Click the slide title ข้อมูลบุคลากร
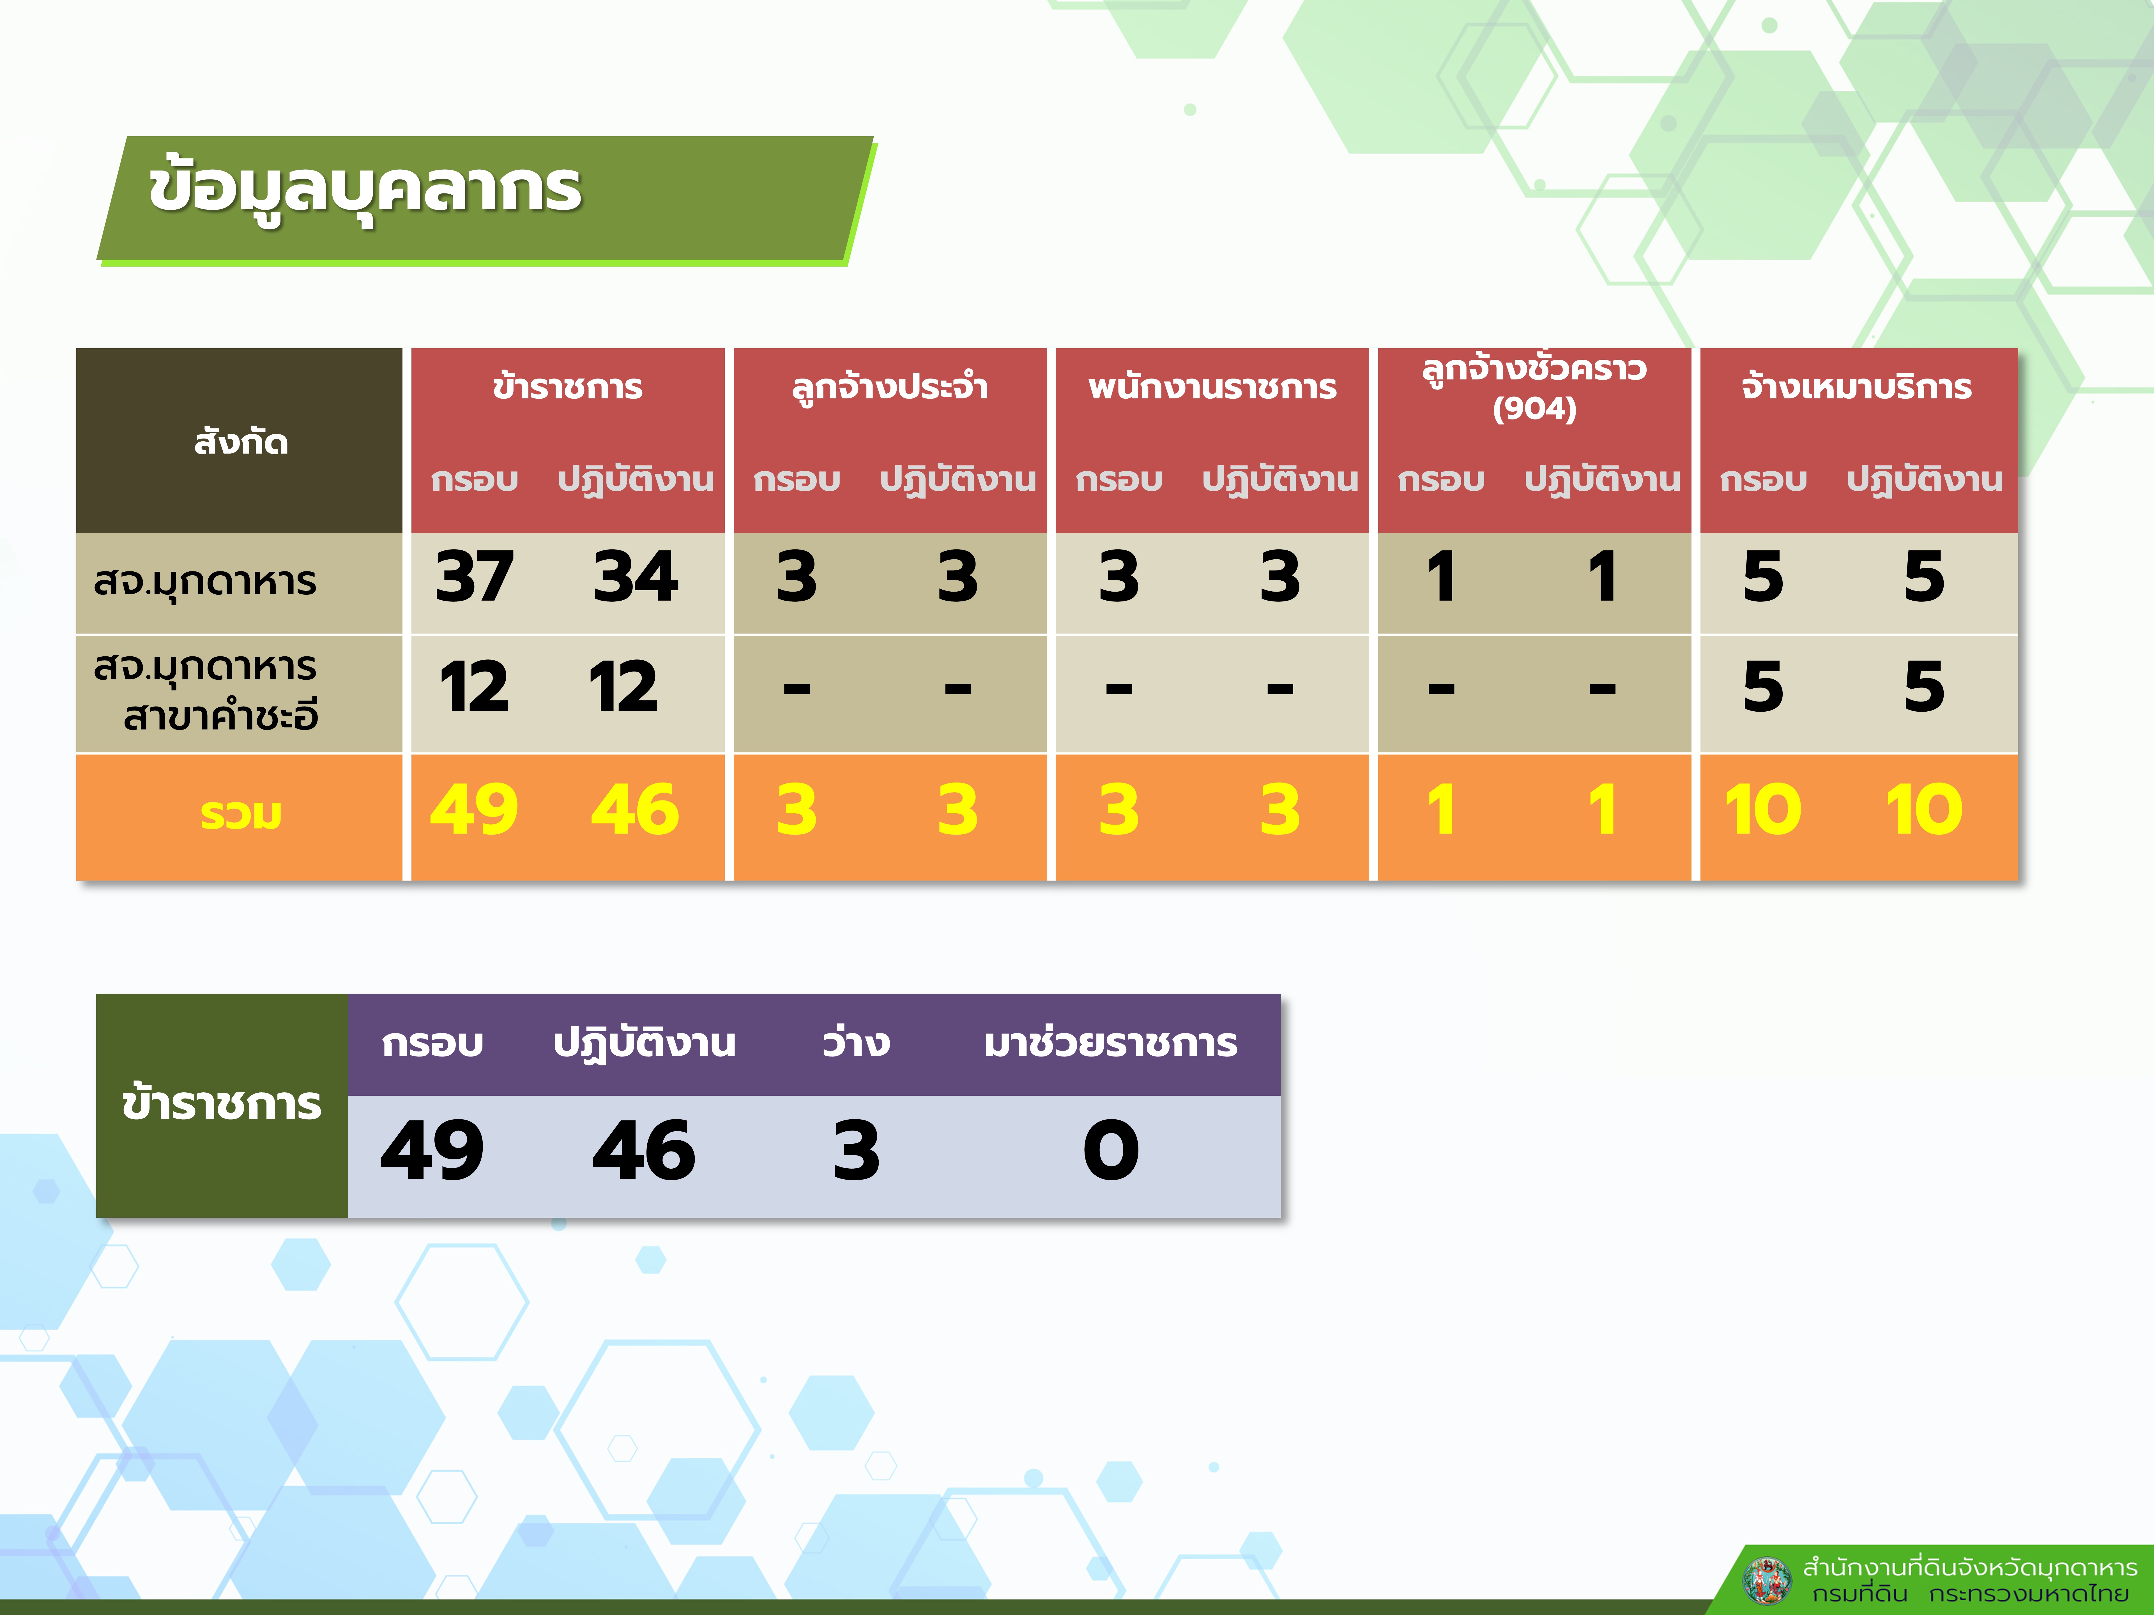365,188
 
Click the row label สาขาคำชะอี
221,716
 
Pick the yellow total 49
474,810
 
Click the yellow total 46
635,810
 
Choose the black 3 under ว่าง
856,1151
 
